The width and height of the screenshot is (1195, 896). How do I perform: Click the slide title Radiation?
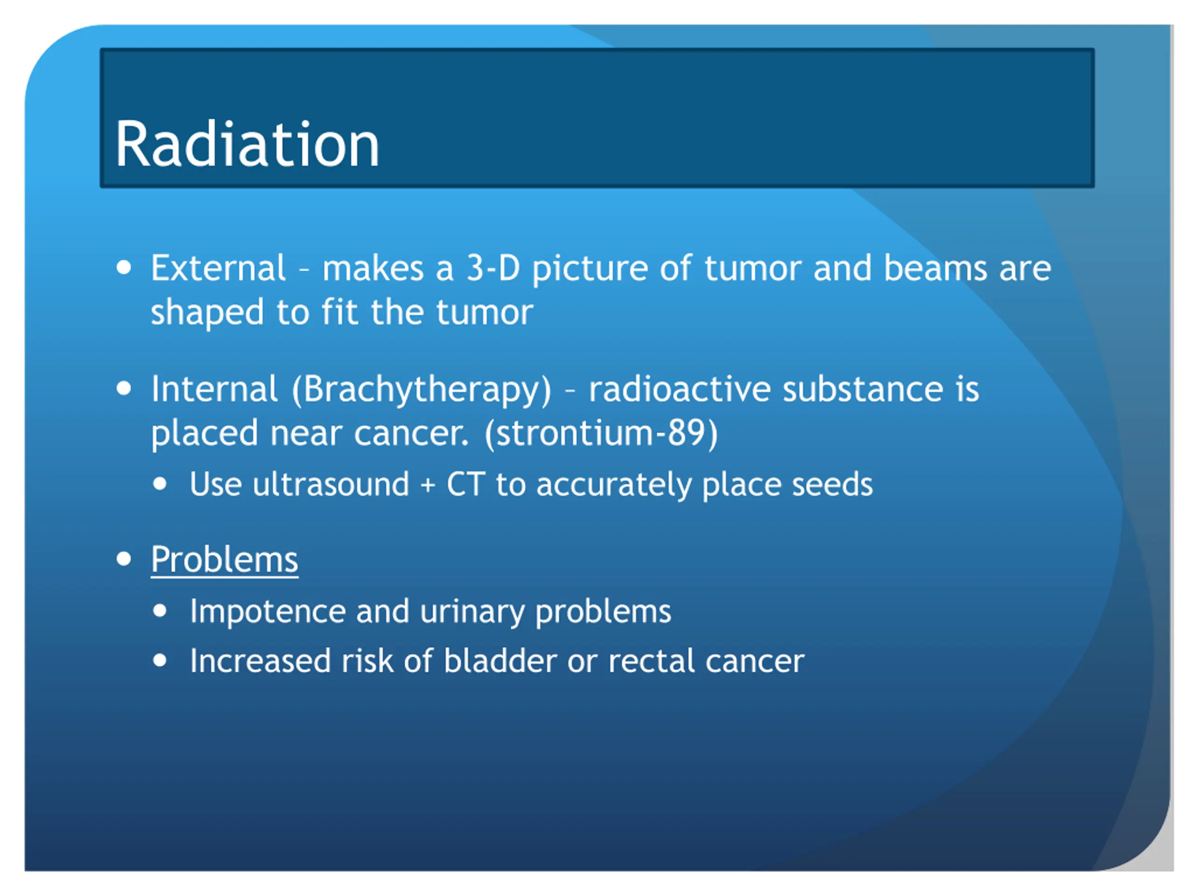coord(247,144)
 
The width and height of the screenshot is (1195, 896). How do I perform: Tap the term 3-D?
coord(492,268)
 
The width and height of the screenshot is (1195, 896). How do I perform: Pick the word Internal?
coord(214,389)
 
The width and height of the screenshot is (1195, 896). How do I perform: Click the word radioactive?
coord(679,389)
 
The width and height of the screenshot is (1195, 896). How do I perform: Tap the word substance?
coord(863,389)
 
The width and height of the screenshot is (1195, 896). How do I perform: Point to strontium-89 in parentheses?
coord(601,434)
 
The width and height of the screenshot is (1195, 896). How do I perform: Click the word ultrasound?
coord(330,484)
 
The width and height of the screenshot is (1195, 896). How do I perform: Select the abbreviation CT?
coord(466,484)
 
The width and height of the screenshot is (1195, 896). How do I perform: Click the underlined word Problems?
coord(225,560)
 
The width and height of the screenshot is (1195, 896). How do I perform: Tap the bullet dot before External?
coord(124,267)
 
